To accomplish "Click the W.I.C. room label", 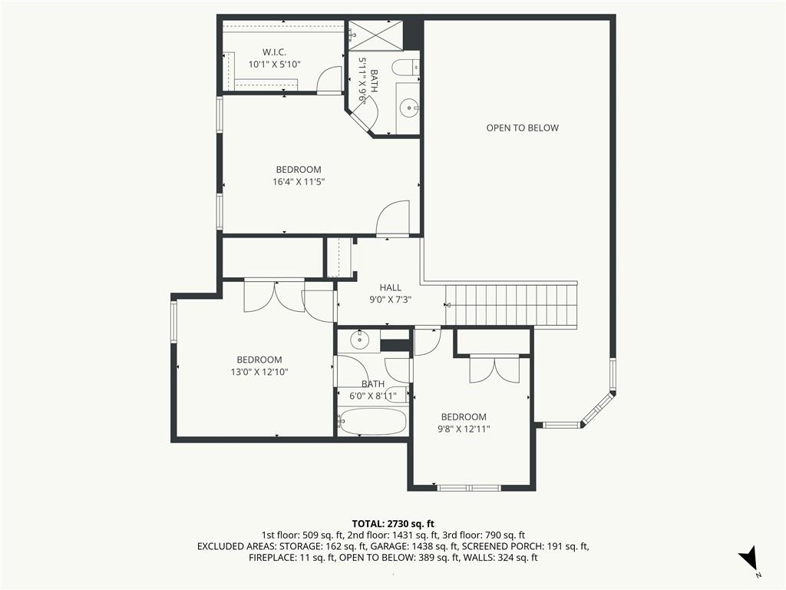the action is tap(274, 52).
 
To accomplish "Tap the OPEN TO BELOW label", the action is tap(522, 128).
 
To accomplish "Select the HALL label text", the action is tap(390, 287).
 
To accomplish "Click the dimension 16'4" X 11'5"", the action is tap(299, 181).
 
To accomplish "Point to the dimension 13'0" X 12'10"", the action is tap(259, 372).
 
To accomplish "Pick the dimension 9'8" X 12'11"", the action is tap(464, 429).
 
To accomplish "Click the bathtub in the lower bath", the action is tap(372, 422).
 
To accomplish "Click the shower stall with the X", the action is tap(375, 35).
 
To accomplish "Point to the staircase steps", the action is tap(511, 305).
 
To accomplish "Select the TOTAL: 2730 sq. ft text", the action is tap(393, 524).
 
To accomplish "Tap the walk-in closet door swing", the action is tap(329, 80).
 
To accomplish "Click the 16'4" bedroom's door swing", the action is tap(393, 218).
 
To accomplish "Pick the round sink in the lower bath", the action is tap(359, 340).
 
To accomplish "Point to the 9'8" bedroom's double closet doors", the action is tap(495, 370).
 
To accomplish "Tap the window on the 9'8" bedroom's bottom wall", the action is tap(469, 488).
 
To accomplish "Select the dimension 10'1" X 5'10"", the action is tap(274, 65).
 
